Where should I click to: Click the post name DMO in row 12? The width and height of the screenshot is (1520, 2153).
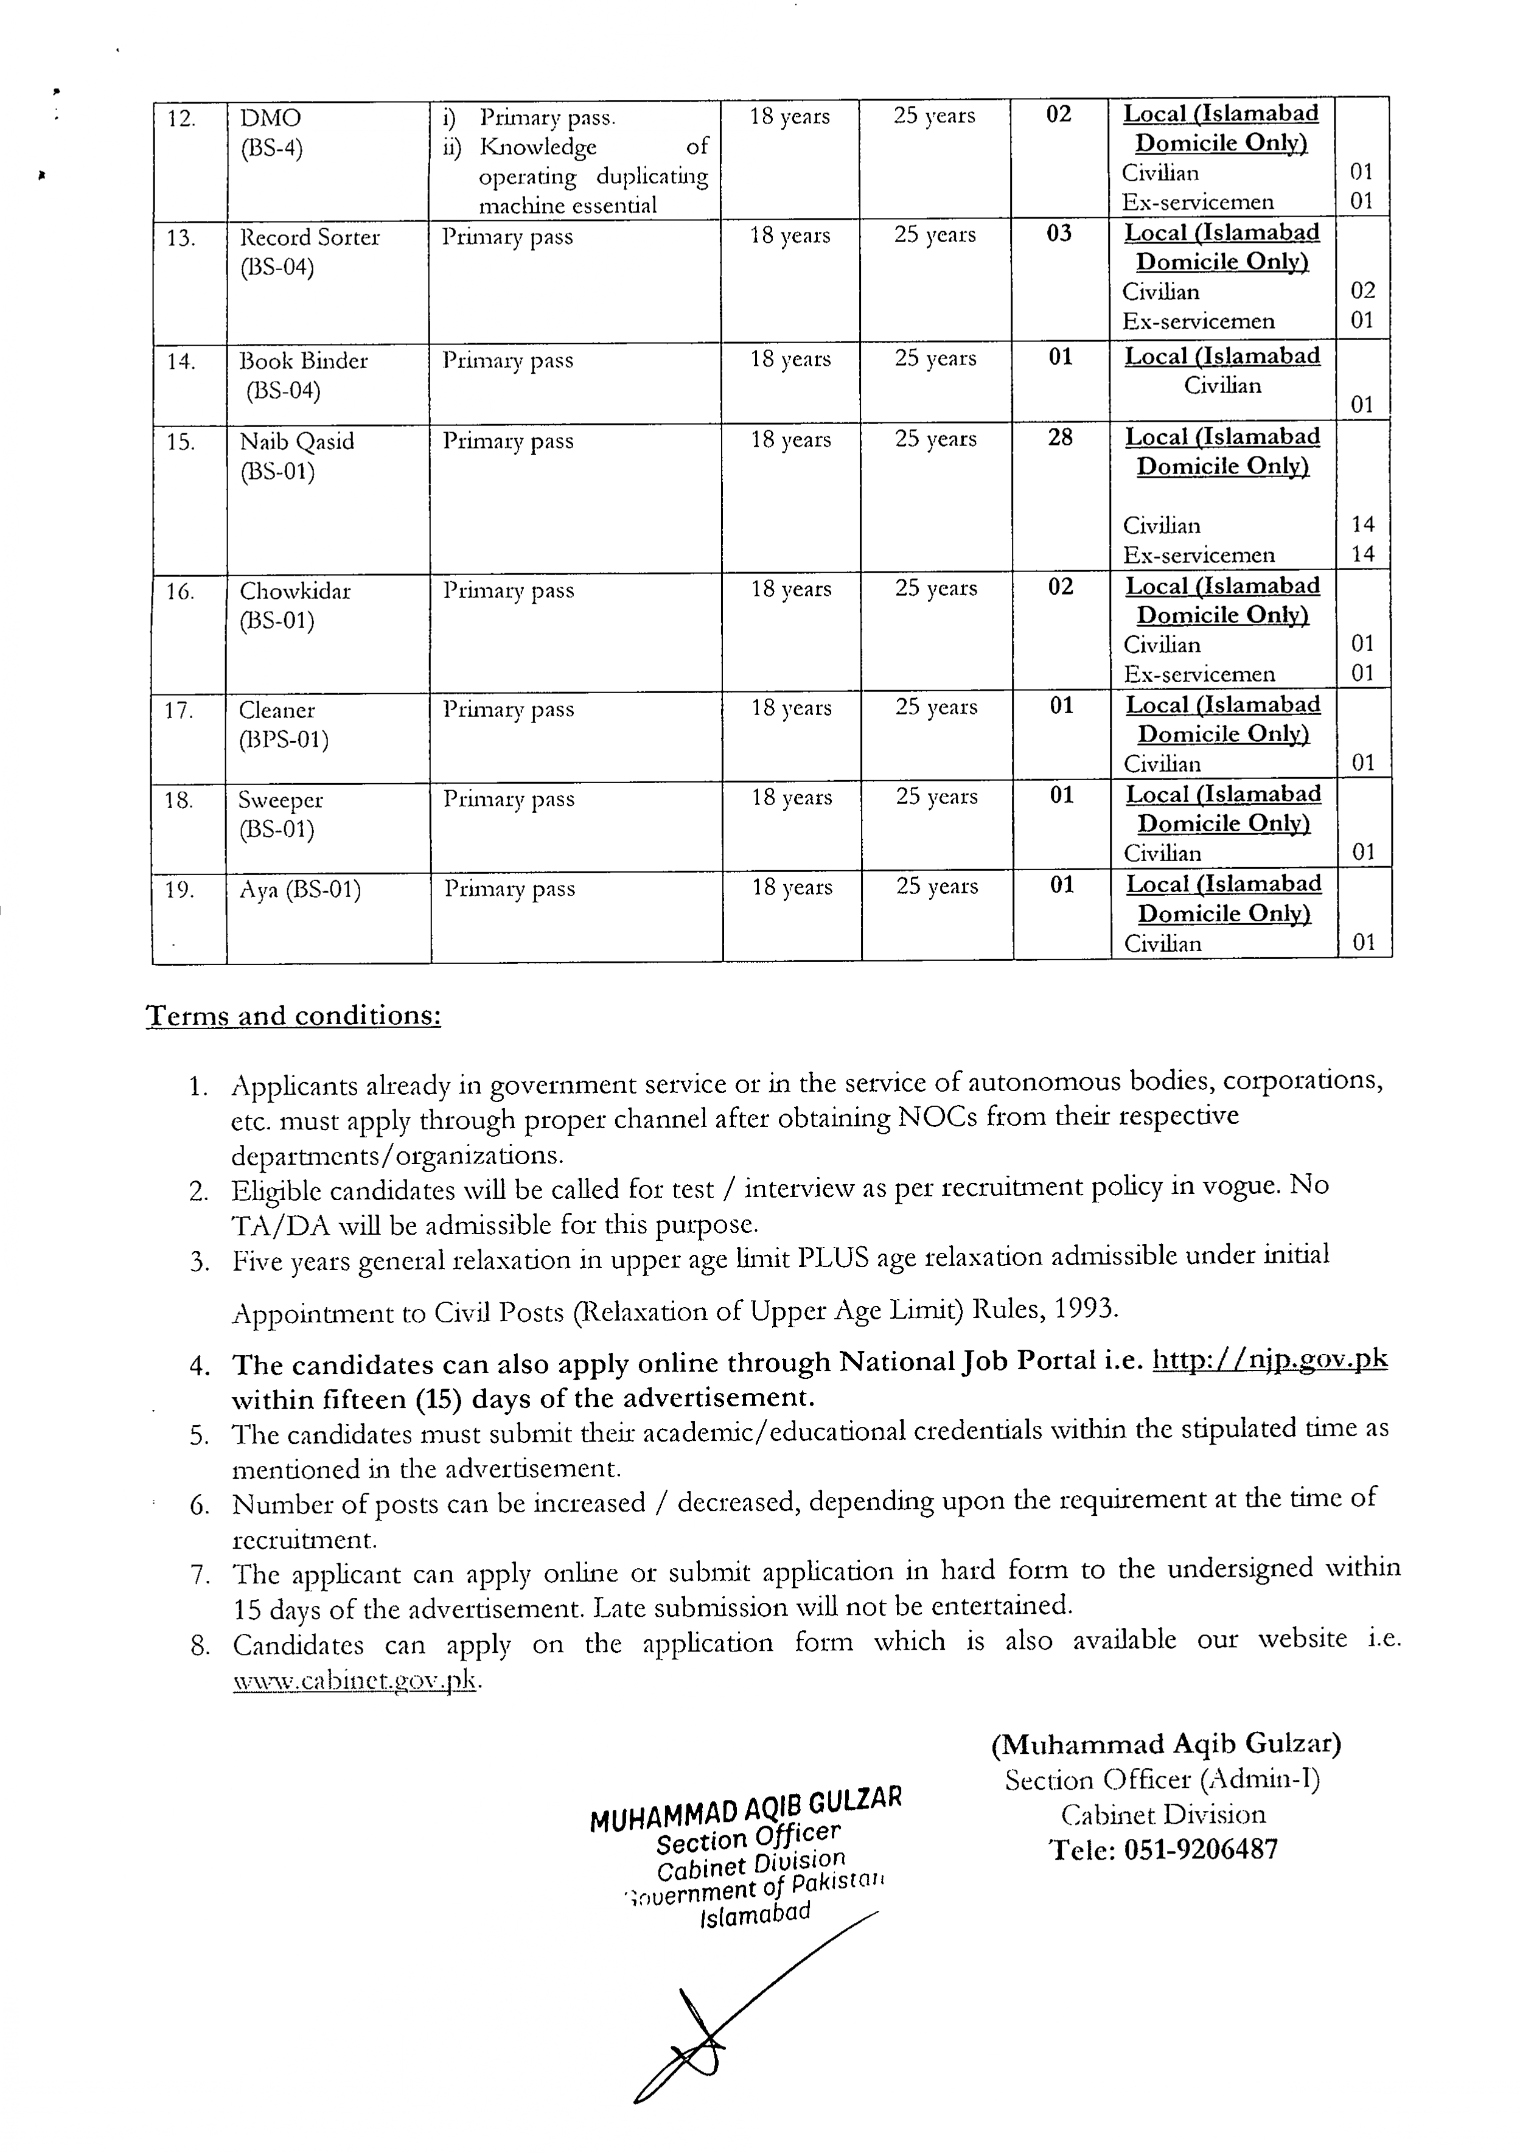click(270, 118)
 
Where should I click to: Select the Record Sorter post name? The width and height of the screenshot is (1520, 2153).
click(310, 237)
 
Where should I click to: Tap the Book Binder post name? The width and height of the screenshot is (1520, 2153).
click(303, 361)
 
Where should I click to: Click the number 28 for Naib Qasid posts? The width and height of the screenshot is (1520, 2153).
click(1059, 437)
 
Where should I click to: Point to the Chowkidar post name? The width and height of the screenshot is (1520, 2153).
click(295, 591)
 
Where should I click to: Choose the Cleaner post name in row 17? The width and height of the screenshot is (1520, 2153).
click(277, 711)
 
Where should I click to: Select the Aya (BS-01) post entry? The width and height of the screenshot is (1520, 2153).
click(300, 890)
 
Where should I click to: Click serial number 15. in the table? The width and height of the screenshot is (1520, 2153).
click(180, 442)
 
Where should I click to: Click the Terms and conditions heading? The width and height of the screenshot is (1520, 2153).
click(293, 1016)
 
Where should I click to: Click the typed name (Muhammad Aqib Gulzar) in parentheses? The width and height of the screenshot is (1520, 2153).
click(1166, 1743)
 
